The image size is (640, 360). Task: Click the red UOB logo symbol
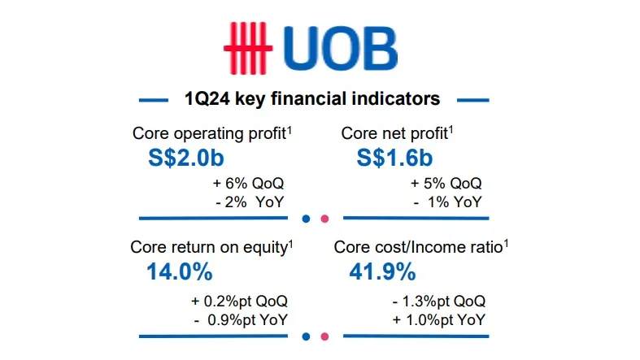pyautogui.click(x=248, y=48)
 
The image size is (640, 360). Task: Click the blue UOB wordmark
pyautogui.click(x=340, y=49)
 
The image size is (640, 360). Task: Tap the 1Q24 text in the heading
pyautogui.click(x=207, y=98)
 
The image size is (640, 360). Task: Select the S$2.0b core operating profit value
pyautogui.click(x=186, y=158)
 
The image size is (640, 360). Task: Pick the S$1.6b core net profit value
pyautogui.click(x=394, y=158)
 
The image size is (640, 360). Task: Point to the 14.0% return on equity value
pyautogui.click(x=180, y=271)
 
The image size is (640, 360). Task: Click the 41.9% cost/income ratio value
pyautogui.click(x=382, y=271)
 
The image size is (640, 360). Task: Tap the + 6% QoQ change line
pyautogui.click(x=248, y=184)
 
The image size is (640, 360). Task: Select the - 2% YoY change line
pyautogui.click(x=250, y=202)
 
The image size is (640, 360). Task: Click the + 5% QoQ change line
pyautogui.click(x=446, y=184)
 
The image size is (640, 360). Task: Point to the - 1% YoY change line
pyautogui.click(x=448, y=202)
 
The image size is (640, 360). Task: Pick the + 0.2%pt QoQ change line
pyautogui.click(x=240, y=301)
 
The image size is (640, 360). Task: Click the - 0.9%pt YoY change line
pyautogui.click(x=242, y=320)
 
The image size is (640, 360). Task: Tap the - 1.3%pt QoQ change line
pyautogui.click(x=439, y=301)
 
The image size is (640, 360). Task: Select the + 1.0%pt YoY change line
pyautogui.click(x=439, y=320)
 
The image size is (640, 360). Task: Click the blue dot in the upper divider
pyautogui.click(x=306, y=219)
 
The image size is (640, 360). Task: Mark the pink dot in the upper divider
pyautogui.click(x=325, y=219)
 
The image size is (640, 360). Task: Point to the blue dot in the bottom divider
pyautogui.click(x=306, y=336)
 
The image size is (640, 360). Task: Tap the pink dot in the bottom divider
pyautogui.click(x=325, y=336)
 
